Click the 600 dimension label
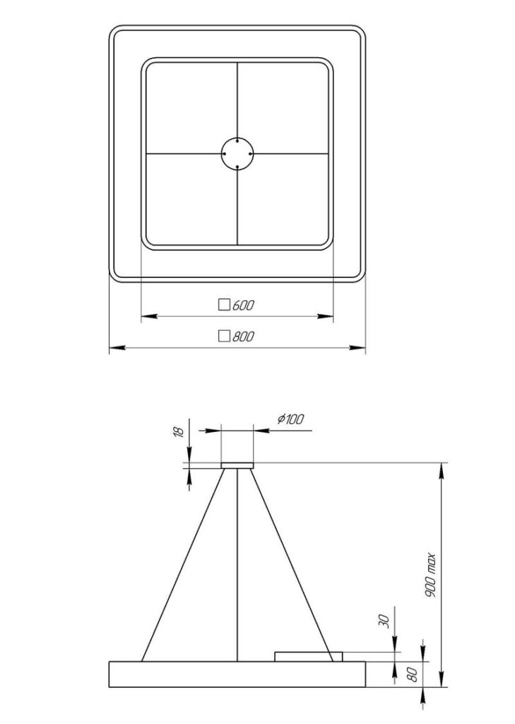coord(243,305)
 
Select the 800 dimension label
coord(243,336)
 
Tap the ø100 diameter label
coord(291,419)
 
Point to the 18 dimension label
coord(179,432)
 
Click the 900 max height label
coord(430,575)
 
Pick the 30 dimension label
coord(384,621)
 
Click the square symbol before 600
coord(224,305)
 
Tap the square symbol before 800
coord(224,336)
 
